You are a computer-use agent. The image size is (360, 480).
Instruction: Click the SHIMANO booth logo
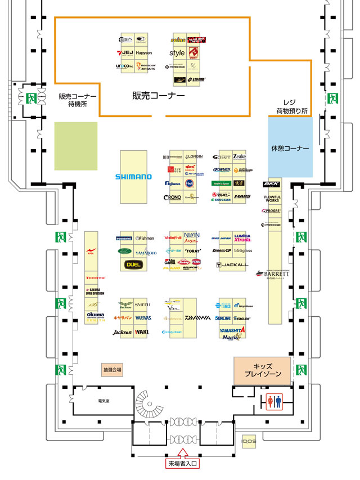[133, 177]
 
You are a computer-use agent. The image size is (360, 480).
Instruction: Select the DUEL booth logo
[133, 264]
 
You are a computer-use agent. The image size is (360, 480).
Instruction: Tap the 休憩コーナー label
[290, 148]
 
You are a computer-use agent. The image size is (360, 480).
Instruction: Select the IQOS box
[249, 442]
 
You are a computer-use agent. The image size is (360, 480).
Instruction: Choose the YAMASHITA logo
[232, 330]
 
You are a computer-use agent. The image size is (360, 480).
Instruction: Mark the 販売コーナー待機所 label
[78, 100]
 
